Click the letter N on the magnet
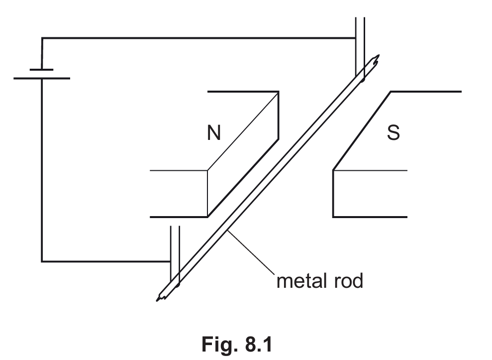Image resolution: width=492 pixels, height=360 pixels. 214,133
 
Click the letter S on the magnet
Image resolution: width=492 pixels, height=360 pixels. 393,133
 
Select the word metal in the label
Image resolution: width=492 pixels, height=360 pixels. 298,281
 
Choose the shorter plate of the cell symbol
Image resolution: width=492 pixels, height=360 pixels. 42,69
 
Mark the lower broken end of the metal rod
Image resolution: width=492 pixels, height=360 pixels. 161,297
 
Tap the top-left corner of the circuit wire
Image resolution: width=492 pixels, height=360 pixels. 42,38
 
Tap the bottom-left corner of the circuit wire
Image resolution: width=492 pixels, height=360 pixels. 42,261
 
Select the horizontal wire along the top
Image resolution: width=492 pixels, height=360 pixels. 199,38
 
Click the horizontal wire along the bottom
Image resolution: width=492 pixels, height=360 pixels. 104,261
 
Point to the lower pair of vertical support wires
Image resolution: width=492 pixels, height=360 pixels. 174,249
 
